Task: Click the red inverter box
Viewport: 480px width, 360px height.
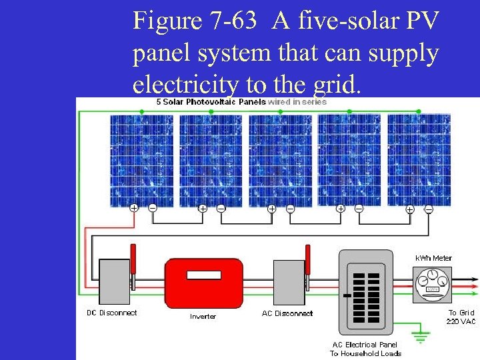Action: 203,282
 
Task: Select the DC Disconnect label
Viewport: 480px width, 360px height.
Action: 112,313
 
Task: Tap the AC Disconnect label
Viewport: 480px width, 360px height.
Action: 287,313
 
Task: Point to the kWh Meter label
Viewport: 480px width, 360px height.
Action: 433,258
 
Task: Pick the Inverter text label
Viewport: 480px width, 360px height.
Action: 203,316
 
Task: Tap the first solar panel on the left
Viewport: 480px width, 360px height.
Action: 141,160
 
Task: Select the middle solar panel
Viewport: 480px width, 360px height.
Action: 280,160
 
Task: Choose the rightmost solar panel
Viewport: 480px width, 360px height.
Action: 419,160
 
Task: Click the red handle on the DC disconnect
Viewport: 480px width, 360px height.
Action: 133,259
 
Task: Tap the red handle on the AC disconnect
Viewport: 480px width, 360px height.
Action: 308,259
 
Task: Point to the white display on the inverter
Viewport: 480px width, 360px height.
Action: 203,275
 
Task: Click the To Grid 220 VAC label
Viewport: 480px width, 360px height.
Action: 461,317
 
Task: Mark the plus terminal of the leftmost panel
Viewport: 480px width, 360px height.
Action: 134,208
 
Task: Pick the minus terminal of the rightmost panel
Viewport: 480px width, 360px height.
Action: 428,209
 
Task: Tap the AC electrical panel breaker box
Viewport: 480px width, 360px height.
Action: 367,292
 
